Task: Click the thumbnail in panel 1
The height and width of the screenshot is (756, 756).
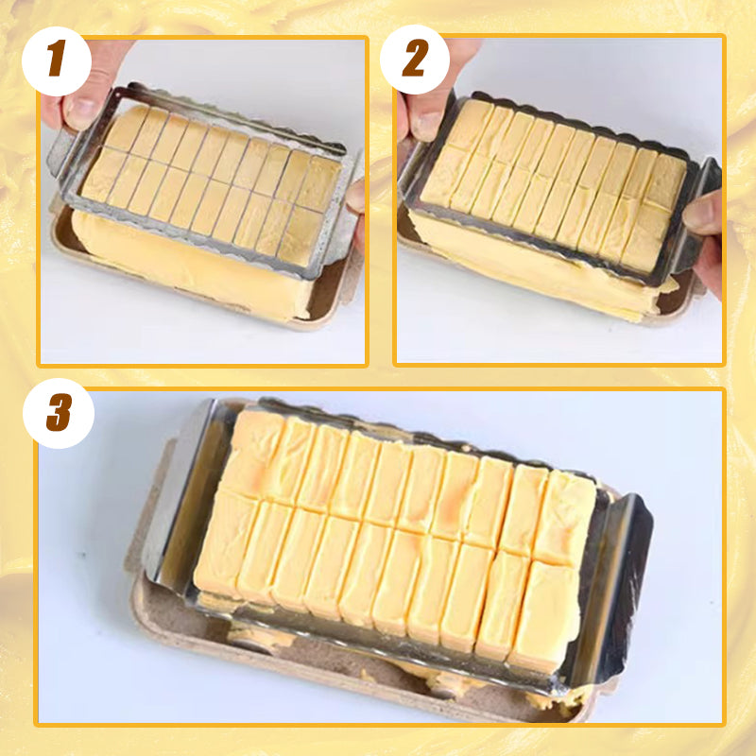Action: coord(80,112)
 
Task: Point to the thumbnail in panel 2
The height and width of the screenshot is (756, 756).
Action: coord(426,124)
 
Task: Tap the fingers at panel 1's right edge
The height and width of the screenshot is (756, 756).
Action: coord(357,203)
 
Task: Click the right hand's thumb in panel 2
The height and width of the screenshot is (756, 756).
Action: coord(702,213)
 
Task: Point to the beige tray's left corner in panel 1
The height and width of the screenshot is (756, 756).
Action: coord(59,227)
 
